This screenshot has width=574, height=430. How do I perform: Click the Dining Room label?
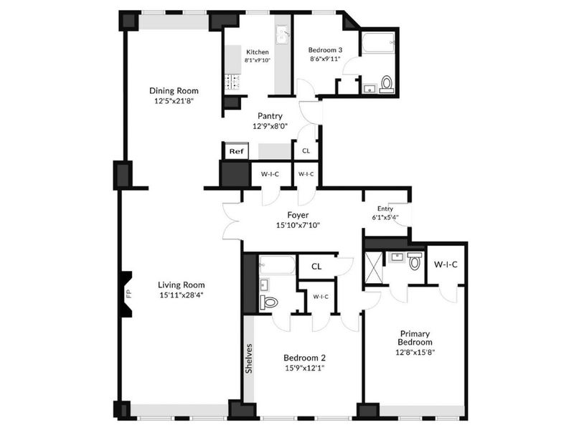174,91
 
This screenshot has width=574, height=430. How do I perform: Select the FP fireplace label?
128,294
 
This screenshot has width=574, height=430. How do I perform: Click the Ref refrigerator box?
236,151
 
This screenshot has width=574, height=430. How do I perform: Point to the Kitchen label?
258,52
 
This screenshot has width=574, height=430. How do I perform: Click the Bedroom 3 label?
325,50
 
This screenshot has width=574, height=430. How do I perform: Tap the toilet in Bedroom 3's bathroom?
387,84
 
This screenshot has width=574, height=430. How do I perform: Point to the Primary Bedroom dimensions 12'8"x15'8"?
416,352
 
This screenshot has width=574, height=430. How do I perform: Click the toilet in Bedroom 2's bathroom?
270,302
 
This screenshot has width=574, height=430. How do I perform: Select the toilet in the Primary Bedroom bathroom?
415,262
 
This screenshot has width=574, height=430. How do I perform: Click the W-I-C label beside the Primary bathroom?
446,264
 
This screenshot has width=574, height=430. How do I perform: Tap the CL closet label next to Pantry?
306,151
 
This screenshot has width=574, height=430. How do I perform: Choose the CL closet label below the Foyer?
317,267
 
